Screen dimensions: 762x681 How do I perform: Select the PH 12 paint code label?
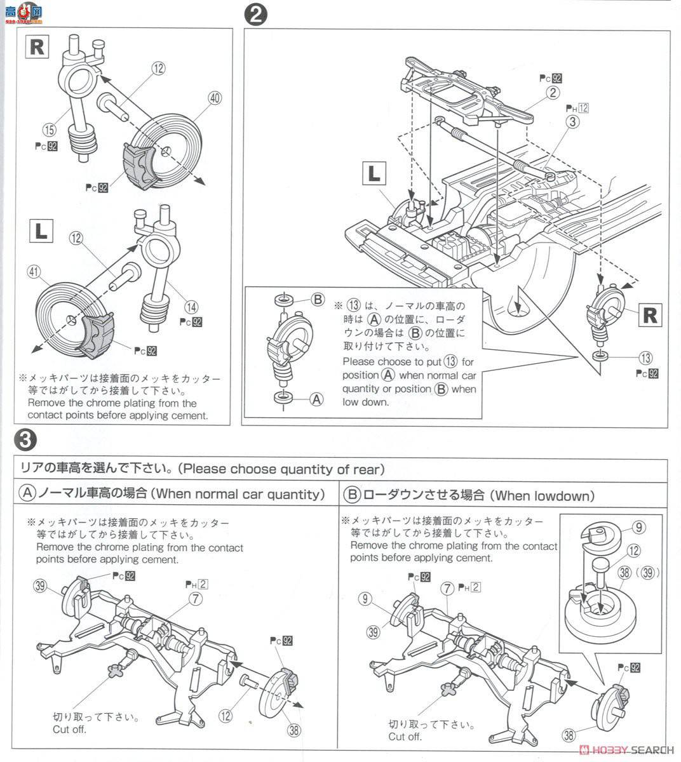577,108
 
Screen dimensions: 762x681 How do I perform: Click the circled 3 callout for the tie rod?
573,122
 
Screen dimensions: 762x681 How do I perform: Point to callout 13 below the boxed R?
646,358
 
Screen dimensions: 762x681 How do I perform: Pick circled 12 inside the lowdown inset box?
633,551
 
